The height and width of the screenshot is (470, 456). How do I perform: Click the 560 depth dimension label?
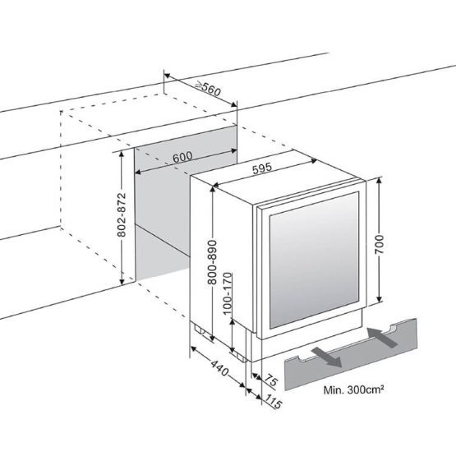211,90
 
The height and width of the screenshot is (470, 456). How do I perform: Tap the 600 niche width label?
182,157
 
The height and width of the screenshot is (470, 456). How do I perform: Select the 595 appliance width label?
262,168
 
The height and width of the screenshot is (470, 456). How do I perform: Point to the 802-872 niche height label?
121,215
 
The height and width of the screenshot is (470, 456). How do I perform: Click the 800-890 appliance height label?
212,261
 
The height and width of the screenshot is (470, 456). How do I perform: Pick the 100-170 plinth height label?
228,293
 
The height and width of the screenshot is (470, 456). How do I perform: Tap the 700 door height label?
380,245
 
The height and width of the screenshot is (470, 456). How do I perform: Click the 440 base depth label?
219,368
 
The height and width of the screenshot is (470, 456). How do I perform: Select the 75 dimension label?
270,380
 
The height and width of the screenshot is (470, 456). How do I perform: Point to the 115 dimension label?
273,402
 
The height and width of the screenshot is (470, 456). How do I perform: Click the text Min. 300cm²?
353,390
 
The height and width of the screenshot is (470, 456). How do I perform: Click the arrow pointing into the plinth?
383,337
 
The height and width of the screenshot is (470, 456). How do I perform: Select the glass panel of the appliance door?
314,260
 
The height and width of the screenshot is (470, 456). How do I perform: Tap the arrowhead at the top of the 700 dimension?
380,180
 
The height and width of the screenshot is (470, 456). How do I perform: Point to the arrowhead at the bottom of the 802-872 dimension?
122,281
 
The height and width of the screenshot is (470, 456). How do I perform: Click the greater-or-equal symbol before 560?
198,86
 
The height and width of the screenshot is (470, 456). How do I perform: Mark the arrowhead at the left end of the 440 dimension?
194,349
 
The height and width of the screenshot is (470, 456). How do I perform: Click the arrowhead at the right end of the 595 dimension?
314,161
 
